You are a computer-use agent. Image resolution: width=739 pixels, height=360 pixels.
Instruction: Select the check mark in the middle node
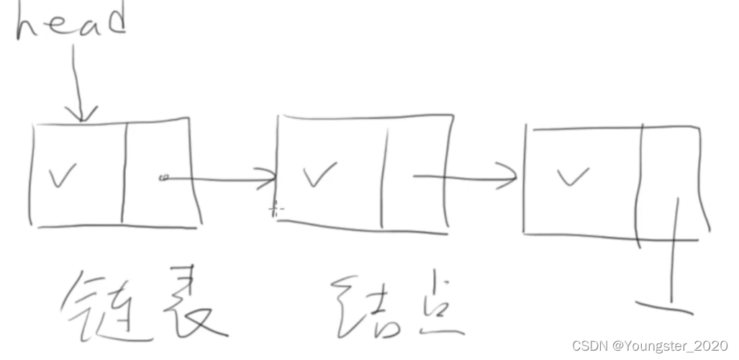coord(317,174)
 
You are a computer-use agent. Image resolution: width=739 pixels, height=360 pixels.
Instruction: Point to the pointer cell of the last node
coord(669,180)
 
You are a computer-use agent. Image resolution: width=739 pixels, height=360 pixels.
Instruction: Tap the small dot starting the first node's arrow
coord(163,177)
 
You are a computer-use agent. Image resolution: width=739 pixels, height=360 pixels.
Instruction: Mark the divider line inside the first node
coord(124,173)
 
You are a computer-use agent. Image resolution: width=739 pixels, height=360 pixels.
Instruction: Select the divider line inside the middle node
coord(384,173)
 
